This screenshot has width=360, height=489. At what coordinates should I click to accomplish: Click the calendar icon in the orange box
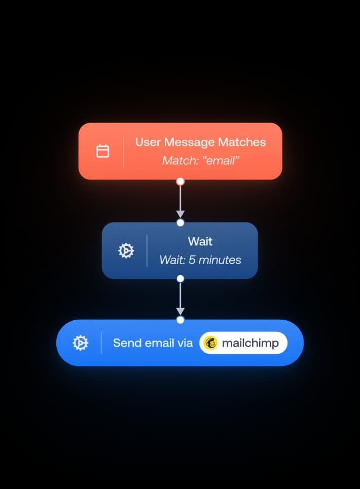pyautogui.click(x=103, y=151)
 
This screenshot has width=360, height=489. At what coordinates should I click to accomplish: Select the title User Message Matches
pyautogui.click(x=200, y=142)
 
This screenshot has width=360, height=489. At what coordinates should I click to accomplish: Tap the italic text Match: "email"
pyautogui.click(x=200, y=161)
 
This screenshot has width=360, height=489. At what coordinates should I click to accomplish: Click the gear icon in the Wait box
pyautogui.click(x=126, y=250)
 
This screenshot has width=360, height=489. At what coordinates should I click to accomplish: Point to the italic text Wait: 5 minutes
pyautogui.click(x=200, y=260)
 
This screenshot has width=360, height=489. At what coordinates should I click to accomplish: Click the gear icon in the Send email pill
pyautogui.click(x=80, y=343)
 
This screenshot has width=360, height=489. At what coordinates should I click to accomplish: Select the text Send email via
pyautogui.click(x=153, y=343)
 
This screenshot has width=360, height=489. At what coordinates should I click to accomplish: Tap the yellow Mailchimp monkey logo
pyautogui.click(x=210, y=343)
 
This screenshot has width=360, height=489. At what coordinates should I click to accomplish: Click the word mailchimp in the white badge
pyautogui.click(x=250, y=343)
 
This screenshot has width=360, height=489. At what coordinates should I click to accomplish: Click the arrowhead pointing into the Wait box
pyautogui.click(x=180, y=214)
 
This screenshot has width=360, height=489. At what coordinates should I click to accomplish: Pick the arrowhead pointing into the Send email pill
pyautogui.click(x=180, y=311)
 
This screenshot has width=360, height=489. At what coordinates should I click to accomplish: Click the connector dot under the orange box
pyautogui.click(x=180, y=181)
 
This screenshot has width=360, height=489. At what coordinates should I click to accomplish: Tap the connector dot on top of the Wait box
pyautogui.click(x=180, y=222)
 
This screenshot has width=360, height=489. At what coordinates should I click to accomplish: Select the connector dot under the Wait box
pyautogui.click(x=180, y=278)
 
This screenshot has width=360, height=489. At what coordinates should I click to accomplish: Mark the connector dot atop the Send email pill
pyautogui.click(x=180, y=320)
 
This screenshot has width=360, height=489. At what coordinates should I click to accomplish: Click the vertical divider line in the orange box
pyautogui.click(x=124, y=151)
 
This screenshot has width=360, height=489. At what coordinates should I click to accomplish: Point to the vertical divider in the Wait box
pyautogui.click(x=147, y=250)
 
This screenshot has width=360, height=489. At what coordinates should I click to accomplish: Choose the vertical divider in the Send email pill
pyautogui.click(x=101, y=343)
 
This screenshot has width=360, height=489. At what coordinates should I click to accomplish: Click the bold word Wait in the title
pyautogui.click(x=200, y=241)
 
